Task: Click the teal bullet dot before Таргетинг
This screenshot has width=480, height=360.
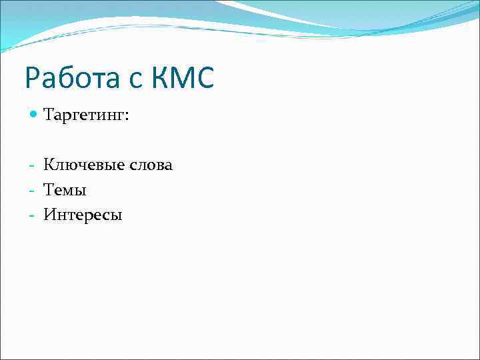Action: (x=34, y=116)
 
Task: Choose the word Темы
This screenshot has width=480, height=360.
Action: (x=65, y=190)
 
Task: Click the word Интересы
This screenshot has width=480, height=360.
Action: (x=83, y=215)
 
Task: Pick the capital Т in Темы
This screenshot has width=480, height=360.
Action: (x=49, y=189)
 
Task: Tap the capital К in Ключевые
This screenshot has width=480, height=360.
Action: (x=49, y=165)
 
